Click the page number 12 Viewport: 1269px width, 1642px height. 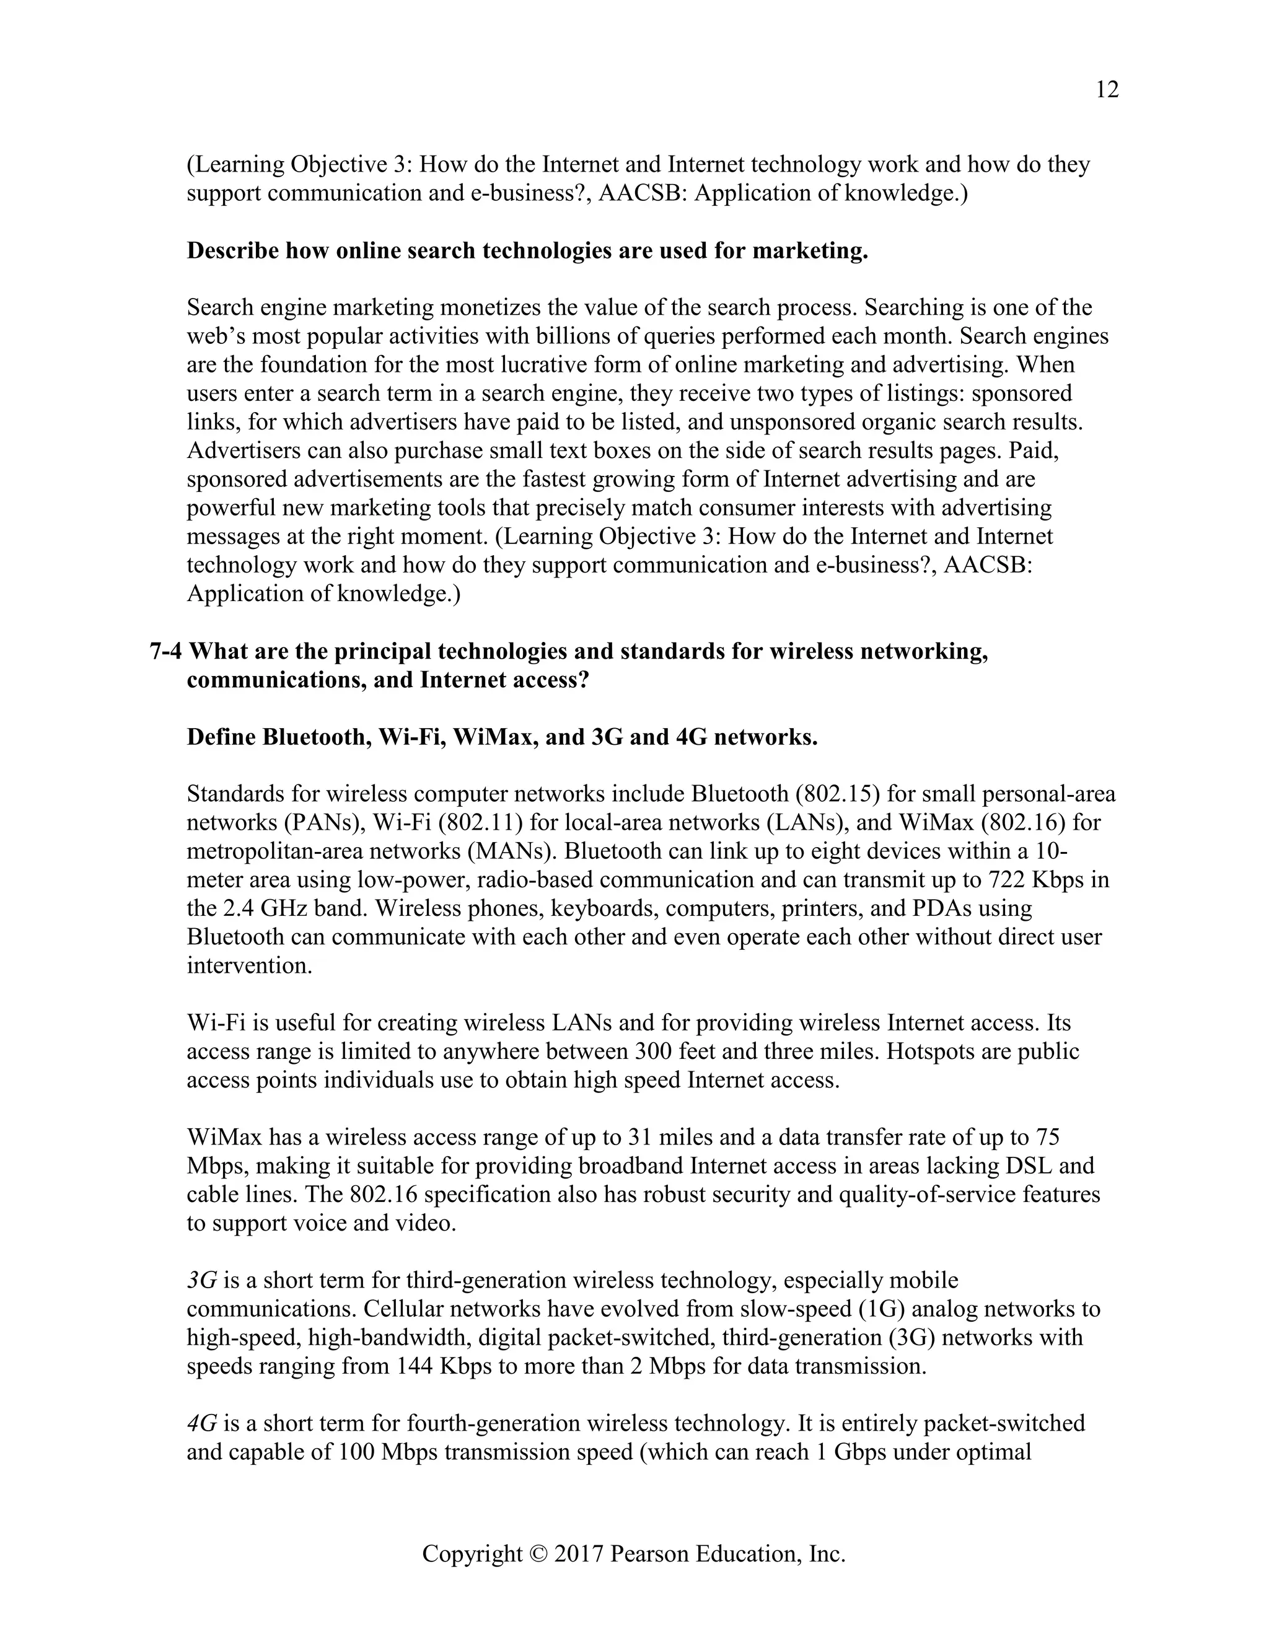[1107, 90]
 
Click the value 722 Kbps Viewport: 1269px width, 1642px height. [1042, 880]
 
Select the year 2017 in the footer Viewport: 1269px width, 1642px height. [579, 1554]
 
